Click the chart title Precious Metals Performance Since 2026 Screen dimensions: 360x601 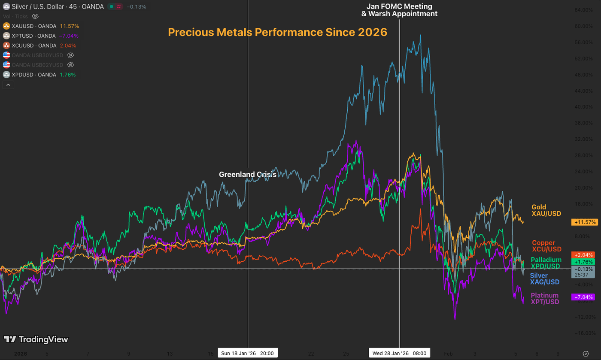point(277,33)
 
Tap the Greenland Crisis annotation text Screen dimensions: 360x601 point(248,175)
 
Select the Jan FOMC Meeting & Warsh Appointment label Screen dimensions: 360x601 point(399,10)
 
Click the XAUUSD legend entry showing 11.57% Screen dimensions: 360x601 point(41,26)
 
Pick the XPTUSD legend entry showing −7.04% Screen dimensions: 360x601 point(41,36)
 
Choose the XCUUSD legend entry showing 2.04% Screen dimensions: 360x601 point(41,45)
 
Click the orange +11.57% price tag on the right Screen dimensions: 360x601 point(583,222)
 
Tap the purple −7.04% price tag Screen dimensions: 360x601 point(583,297)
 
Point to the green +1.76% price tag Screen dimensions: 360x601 point(583,262)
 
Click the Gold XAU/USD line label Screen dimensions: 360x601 point(546,210)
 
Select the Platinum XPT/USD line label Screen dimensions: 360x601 point(545,299)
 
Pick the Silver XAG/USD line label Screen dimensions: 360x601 point(545,279)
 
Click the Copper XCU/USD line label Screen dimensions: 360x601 point(546,246)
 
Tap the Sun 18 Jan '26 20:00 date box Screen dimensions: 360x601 point(248,353)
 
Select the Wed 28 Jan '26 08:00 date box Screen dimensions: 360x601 point(399,353)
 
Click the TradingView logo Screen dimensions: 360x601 point(36,339)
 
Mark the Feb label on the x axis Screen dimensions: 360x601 point(448,353)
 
